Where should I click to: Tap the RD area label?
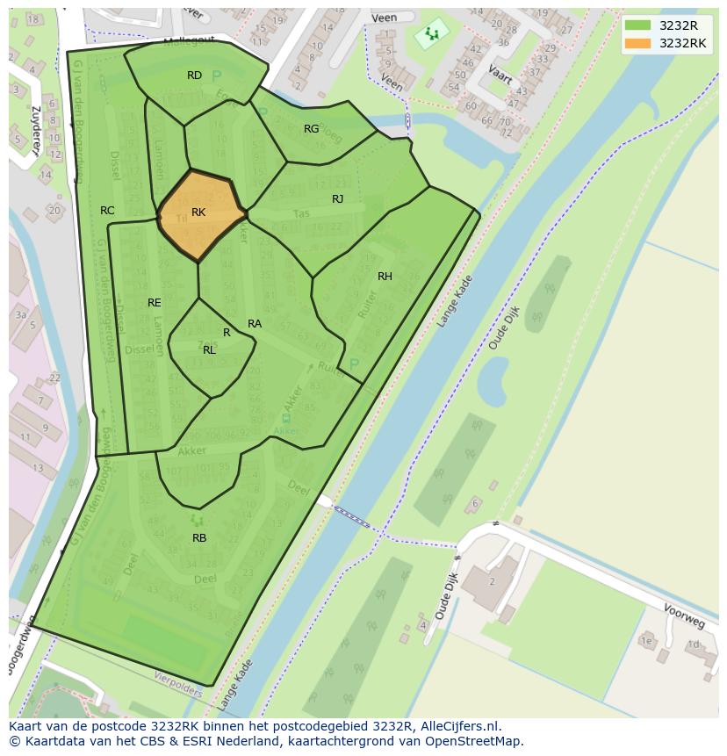pyautogui.click(x=195, y=76)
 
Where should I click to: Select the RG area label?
pyautogui.click(x=311, y=129)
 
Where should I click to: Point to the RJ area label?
pyautogui.click(x=337, y=199)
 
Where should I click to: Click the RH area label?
pyautogui.click(x=385, y=277)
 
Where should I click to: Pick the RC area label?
pyautogui.click(x=107, y=211)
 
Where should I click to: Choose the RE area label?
pyautogui.click(x=155, y=303)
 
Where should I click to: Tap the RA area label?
pyautogui.click(x=255, y=324)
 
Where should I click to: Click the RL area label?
pyautogui.click(x=209, y=350)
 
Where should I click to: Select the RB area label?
pyautogui.click(x=199, y=538)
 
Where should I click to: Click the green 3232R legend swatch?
pyautogui.click(x=637, y=25)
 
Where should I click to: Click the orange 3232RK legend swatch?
pyautogui.click(x=637, y=43)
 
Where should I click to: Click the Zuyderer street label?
pyautogui.click(x=36, y=130)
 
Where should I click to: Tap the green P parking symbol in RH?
pyautogui.click(x=354, y=364)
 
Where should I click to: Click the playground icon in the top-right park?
pyautogui.click(x=431, y=34)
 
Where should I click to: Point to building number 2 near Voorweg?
pyautogui.click(x=493, y=581)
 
